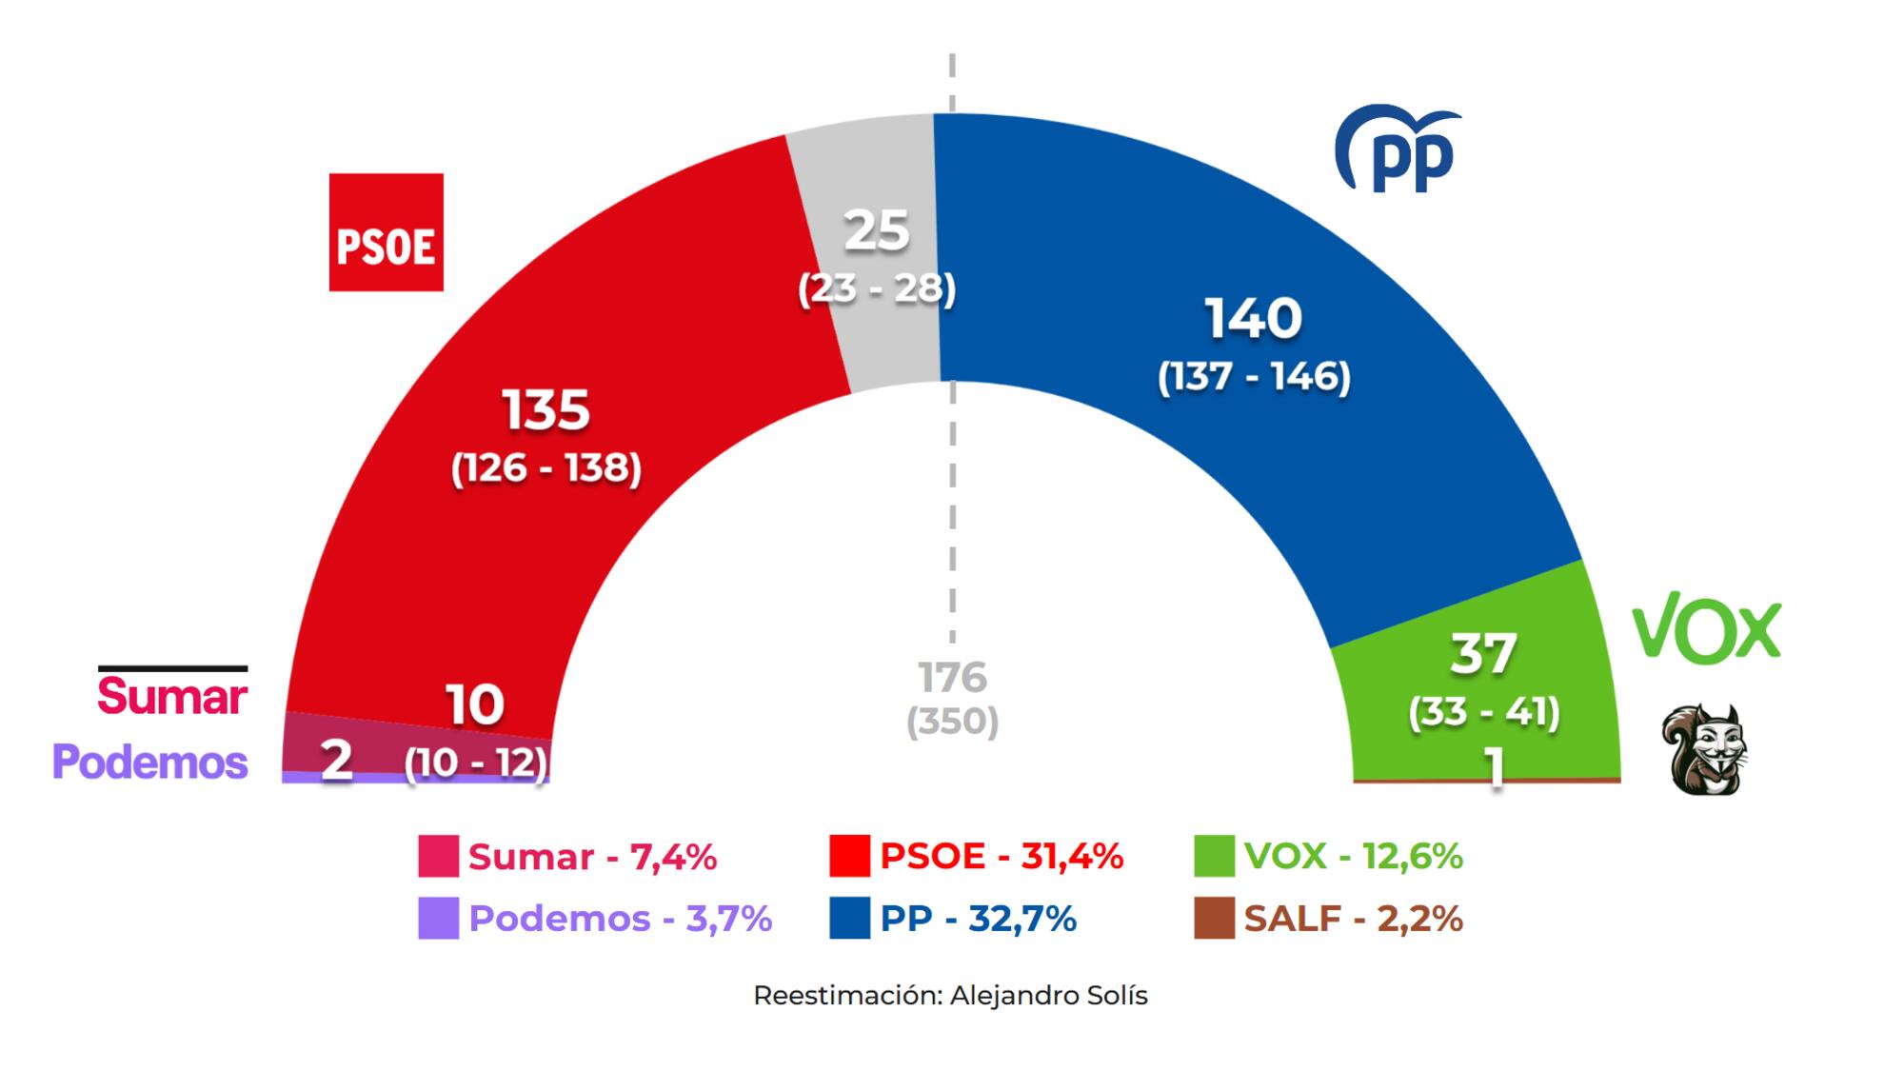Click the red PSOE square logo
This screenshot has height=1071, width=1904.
coord(386,231)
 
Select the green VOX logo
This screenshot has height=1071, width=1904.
coord(1706,629)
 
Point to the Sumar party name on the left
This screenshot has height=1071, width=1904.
coord(172,695)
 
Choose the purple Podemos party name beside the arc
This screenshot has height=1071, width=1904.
coord(150,762)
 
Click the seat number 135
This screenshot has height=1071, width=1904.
coord(546,409)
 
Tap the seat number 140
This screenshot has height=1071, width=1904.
coord(1253,318)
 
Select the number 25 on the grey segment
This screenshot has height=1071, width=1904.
coord(877,230)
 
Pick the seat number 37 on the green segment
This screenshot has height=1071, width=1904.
coord(1482,654)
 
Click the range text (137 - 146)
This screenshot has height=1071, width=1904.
coord(1254,377)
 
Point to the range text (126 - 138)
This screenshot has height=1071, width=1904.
coord(546,467)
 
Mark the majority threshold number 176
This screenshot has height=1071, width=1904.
coord(952,678)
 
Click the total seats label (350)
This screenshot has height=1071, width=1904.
coord(952,722)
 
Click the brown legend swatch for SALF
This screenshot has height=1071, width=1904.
coord(1214,919)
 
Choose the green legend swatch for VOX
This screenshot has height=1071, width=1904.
coord(1214,856)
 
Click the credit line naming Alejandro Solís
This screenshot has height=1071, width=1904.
coord(950,996)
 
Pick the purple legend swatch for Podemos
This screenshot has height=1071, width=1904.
coord(438,919)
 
